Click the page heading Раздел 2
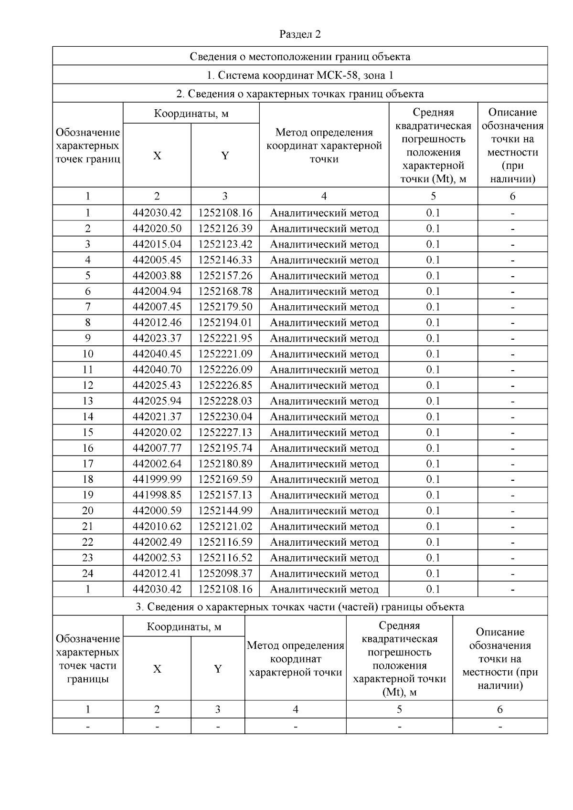(300, 34)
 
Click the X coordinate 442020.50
(157, 228)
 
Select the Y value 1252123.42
(225, 244)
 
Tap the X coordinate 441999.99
(157, 479)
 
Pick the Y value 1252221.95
(225, 338)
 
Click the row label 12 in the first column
(88, 385)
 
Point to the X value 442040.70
(157, 370)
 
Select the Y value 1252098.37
(225, 573)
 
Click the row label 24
(88, 573)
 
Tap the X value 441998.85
(157, 495)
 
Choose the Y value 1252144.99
(225, 510)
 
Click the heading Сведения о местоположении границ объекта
(300, 57)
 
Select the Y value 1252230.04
(225, 416)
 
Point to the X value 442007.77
(157, 448)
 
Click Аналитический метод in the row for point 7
(324, 307)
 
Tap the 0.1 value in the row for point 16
(433, 448)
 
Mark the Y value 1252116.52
(225, 557)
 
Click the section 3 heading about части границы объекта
(300, 607)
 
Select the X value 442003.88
(157, 275)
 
